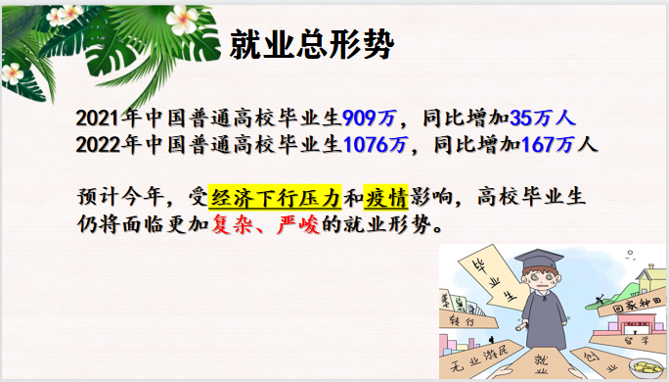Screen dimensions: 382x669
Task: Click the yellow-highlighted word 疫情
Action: (385, 197)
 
